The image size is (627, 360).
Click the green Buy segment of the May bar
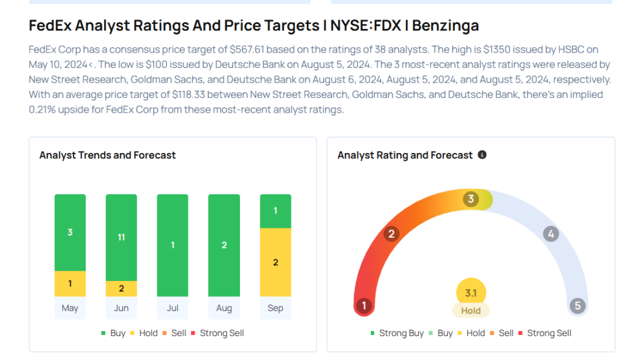click(x=70, y=233)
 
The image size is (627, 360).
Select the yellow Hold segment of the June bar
click(x=121, y=288)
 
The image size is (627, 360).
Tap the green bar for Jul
click(x=173, y=245)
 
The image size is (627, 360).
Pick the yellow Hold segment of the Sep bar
click(x=276, y=262)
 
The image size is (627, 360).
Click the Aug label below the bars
click(x=224, y=308)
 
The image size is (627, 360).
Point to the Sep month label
click(x=276, y=308)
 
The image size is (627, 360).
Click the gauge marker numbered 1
click(x=364, y=306)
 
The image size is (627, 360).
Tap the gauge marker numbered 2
click(x=391, y=233)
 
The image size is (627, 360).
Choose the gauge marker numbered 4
click(x=551, y=233)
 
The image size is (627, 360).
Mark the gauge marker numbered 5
click(x=577, y=306)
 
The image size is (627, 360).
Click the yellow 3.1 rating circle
click(x=471, y=293)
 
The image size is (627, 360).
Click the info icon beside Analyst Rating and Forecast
click(x=482, y=155)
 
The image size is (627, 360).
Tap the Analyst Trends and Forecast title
click(x=107, y=155)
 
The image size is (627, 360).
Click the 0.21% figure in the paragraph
click(x=45, y=110)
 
